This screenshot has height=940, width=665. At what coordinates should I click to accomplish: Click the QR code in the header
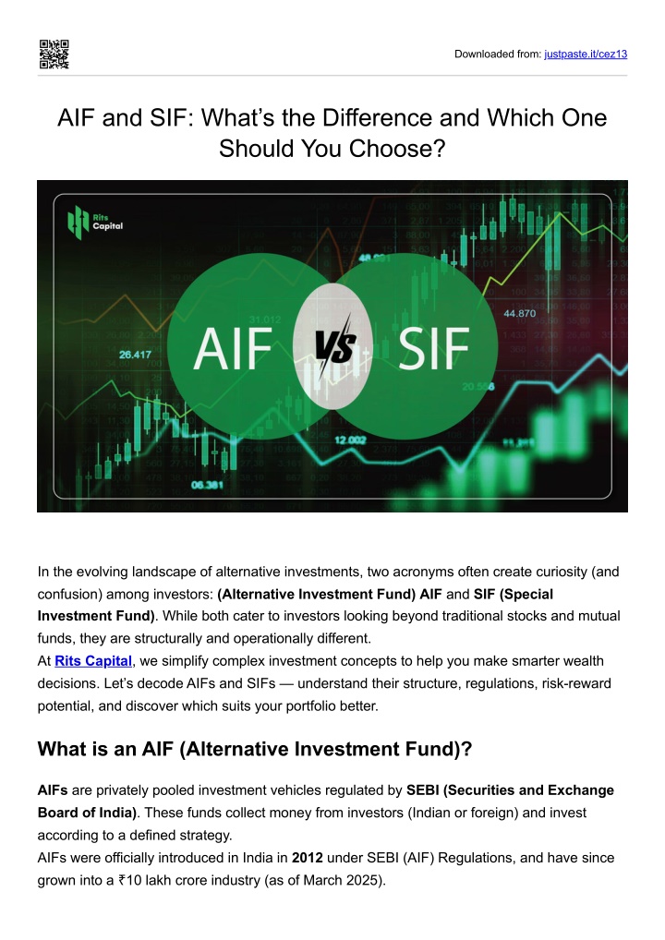pos(54,54)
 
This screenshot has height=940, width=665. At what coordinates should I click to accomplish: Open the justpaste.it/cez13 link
pos(586,54)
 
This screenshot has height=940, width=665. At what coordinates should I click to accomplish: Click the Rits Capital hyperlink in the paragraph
pos(93,660)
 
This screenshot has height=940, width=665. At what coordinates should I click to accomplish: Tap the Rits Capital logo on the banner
pos(95,222)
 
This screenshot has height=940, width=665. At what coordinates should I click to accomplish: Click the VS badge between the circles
pos(334,347)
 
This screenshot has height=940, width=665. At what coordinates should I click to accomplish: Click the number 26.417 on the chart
pos(135,355)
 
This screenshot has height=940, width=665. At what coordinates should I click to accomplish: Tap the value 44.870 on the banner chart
pos(519,313)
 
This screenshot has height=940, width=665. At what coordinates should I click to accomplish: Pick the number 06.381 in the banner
pos(208,485)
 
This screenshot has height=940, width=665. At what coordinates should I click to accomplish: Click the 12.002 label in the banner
pos(350,440)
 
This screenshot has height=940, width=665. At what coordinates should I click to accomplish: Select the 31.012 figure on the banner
pos(264,319)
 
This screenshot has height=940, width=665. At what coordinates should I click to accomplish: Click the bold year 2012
pos(307,857)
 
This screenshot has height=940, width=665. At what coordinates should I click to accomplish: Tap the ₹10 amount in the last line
pos(130,880)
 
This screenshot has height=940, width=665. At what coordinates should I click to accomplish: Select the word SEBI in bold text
pos(423,790)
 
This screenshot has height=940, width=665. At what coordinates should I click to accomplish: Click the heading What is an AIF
pos(255,749)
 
